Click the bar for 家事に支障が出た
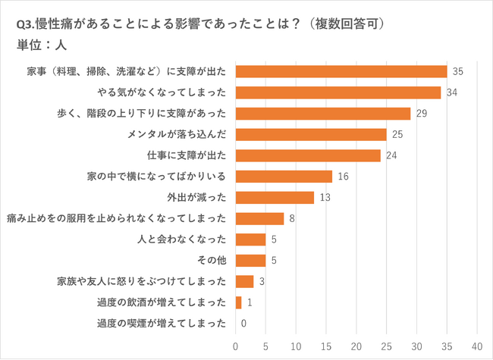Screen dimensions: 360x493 (341, 72)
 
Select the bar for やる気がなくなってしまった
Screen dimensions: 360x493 (338, 92)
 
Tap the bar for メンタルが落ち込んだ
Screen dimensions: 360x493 (311, 134)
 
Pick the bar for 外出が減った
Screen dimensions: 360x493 (275, 198)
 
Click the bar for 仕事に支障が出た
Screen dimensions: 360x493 (308, 155)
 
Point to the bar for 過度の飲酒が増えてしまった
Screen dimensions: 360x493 (239, 302)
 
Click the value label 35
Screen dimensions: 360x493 (457, 72)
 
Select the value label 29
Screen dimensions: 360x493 (421, 114)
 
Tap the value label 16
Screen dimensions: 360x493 (342, 177)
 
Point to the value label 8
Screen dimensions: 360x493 (291, 218)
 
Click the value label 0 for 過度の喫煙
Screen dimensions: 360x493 (243, 324)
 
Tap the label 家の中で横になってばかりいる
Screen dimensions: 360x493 (157, 177)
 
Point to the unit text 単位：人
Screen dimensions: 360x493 (42, 44)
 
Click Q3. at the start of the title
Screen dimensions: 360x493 (26, 23)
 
